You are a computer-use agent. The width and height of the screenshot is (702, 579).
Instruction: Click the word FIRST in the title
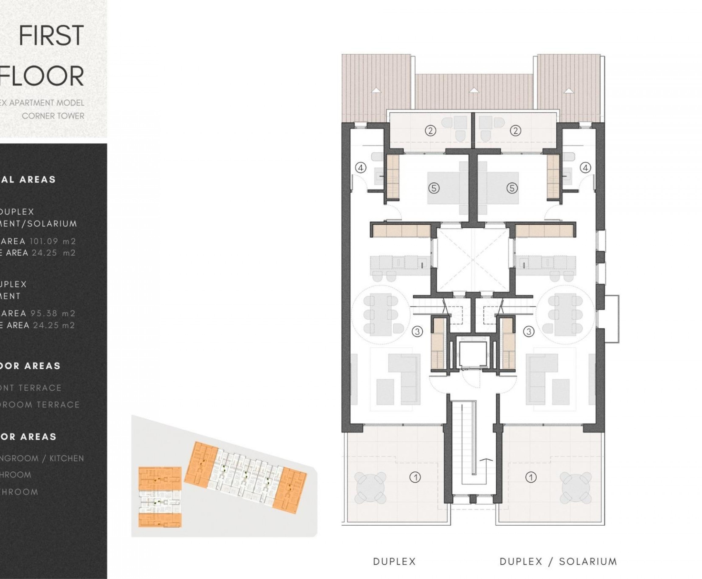pos(51,36)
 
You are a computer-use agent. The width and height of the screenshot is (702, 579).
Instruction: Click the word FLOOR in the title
pos(42,76)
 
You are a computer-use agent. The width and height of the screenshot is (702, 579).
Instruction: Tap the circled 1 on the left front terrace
pos(415,478)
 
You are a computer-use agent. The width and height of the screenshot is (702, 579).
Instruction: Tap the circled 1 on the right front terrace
pos(531,477)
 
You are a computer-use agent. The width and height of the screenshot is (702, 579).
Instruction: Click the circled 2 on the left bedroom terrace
pos(431,131)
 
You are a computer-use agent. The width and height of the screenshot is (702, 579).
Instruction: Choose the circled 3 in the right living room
pos(529,332)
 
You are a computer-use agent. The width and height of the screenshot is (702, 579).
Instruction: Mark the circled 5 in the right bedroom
pos(512,188)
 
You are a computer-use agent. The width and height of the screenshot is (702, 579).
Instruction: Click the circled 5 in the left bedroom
pos(434,188)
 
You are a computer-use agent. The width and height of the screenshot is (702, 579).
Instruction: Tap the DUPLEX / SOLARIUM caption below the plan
pos(558,561)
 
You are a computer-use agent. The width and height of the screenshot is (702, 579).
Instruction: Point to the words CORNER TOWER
pos(53,116)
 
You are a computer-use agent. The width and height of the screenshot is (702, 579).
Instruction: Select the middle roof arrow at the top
pos(473,90)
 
